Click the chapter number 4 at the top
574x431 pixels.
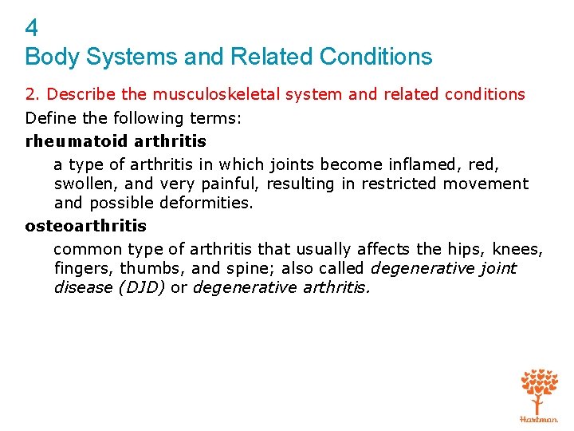pos(32,29)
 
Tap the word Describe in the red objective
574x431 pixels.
pos(77,94)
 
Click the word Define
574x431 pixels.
pos(50,118)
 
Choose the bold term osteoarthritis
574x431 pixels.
pos(86,226)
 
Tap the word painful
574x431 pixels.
pos(231,184)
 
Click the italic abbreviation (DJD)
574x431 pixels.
pos(141,287)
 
